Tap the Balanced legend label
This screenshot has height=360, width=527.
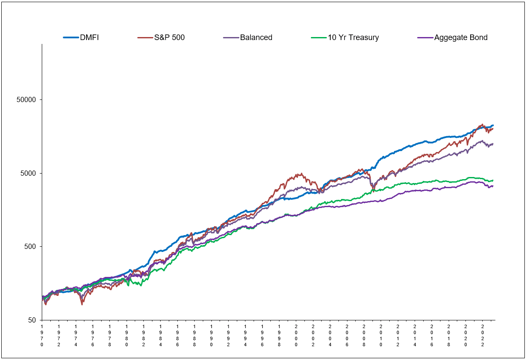pos(256,37)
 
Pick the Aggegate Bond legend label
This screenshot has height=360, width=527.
pos(461,37)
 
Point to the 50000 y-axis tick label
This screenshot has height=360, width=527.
pos(26,99)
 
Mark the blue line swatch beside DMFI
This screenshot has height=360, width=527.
pos(71,37)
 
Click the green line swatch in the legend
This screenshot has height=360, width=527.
pos(319,37)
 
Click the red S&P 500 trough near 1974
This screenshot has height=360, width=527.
pos(82,304)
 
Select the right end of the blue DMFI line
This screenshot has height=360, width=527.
pos(493,125)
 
